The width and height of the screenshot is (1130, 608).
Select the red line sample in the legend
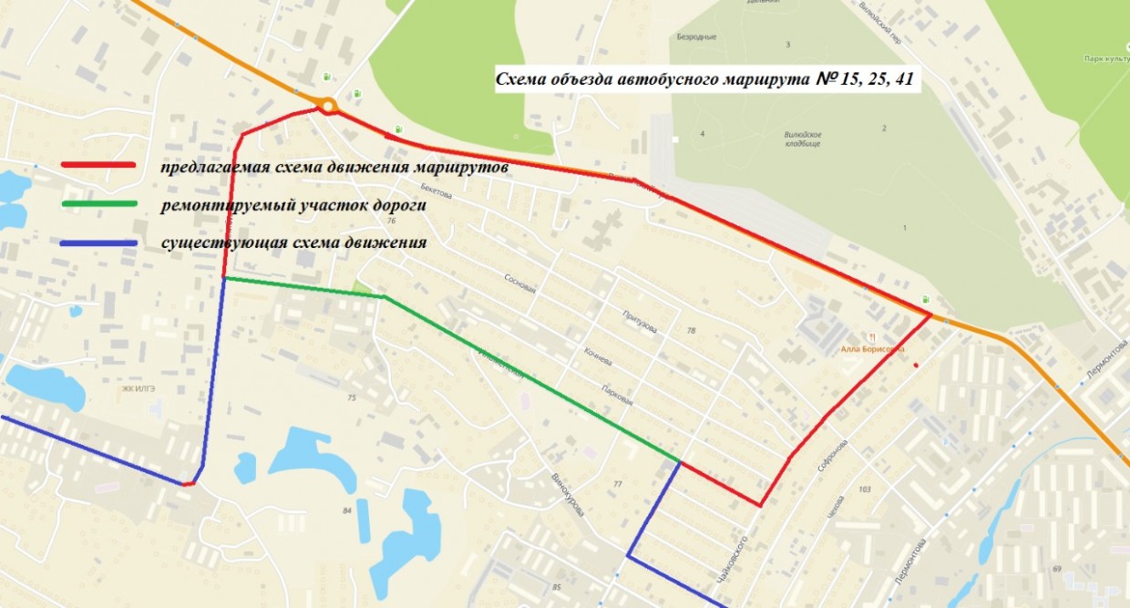pyautogui.click(x=98, y=165)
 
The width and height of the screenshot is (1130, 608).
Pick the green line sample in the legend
pyautogui.click(x=98, y=203)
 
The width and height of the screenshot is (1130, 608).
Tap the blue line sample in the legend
pyautogui.click(x=98, y=243)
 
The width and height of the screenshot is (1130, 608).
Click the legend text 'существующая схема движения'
pyautogui.click(x=293, y=243)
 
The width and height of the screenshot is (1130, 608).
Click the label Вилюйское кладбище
pyautogui.click(x=803, y=139)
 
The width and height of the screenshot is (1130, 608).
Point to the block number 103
pyautogui.click(x=864, y=490)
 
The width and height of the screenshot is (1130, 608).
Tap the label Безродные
pyautogui.click(x=696, y=37)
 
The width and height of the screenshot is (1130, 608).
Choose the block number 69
pyautogui.click(x=1057, y=569)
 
